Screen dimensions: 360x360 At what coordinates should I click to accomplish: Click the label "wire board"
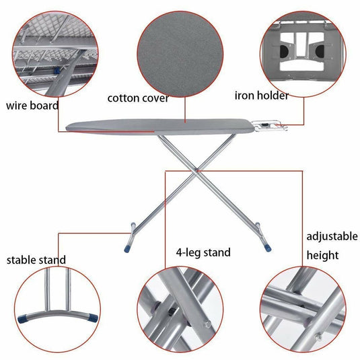(x=32, y=106)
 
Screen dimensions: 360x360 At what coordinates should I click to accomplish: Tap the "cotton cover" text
(x=138, y=98)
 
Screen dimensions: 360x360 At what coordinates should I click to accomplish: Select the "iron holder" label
(x=262, y=96)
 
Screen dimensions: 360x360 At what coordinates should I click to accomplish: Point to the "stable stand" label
(x=36, y=260)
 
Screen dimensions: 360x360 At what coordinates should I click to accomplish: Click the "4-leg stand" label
(x=203, y=252)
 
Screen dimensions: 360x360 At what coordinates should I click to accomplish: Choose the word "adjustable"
(x=332, y=237)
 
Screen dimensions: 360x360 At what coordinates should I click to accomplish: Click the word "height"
(x=322, y=255)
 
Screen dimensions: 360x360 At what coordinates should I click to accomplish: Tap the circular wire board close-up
(x=55, y=54)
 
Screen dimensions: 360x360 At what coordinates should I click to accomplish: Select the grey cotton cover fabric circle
(x=180, y=54)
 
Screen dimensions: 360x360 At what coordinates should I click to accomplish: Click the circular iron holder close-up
(x=303, y=54)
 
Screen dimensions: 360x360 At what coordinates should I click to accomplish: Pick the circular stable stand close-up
(x=57, y=310)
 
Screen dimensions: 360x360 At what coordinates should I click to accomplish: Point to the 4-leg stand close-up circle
(x=180, y=310)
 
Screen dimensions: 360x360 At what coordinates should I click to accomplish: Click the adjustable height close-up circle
(x=303, y=310)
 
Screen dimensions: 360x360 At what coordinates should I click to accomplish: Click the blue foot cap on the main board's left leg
(x=127, y=249)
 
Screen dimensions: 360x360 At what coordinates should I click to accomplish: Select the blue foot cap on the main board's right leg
(x=268, y=248)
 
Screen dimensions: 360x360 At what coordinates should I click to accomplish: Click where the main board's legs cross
(x=196, y=171)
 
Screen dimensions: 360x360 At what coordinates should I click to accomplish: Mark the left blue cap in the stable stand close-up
(x=22, y=319)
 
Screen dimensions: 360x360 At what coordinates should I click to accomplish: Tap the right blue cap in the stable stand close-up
(x=93, y=318)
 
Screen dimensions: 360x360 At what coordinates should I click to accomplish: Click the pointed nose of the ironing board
(x=67, y=128)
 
